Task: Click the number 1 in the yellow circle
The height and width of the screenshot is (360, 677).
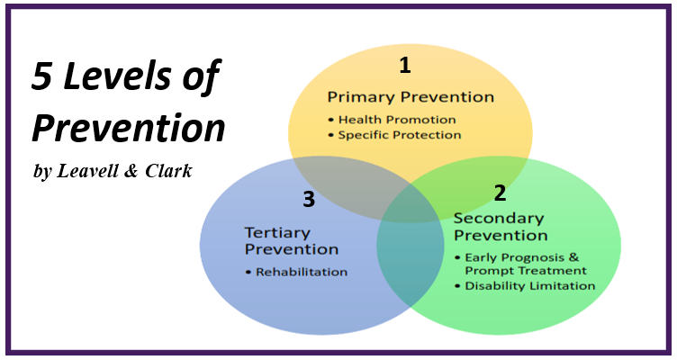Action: click(x=405, y=65)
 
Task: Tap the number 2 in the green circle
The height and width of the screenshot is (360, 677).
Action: click(x=500, y=193)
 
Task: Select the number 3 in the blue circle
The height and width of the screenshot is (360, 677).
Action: click(x=309, y=199)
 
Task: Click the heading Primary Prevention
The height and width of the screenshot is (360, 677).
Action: click(x=411, y=97)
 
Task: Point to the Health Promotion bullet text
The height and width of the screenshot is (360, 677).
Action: click(x=397, y=120)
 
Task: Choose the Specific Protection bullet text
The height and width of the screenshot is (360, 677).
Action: click(x=400, y=135)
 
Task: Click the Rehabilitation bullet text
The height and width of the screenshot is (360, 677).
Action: click(x=302, y=272)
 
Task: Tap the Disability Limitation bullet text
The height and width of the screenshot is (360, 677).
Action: click(x=529, y=286)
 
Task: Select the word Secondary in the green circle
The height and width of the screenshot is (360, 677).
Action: click(x=499, y=219)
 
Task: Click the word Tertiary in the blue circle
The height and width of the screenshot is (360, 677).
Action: click(x=277, y=233)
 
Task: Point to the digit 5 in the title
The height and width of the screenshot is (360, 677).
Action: click(x=42, y=76)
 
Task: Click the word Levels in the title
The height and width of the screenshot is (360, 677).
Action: click(x=117, y=76)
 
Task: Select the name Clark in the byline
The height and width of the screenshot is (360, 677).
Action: click(x=168, y=171)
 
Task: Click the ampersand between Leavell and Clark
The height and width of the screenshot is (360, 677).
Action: click(x=131, y=171)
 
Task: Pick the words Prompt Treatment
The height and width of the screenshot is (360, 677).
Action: click(x=526, y=271)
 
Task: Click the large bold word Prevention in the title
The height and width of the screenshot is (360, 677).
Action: click(x=129, y=128)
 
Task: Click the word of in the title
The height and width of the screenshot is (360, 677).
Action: click(x=202, y=76)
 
